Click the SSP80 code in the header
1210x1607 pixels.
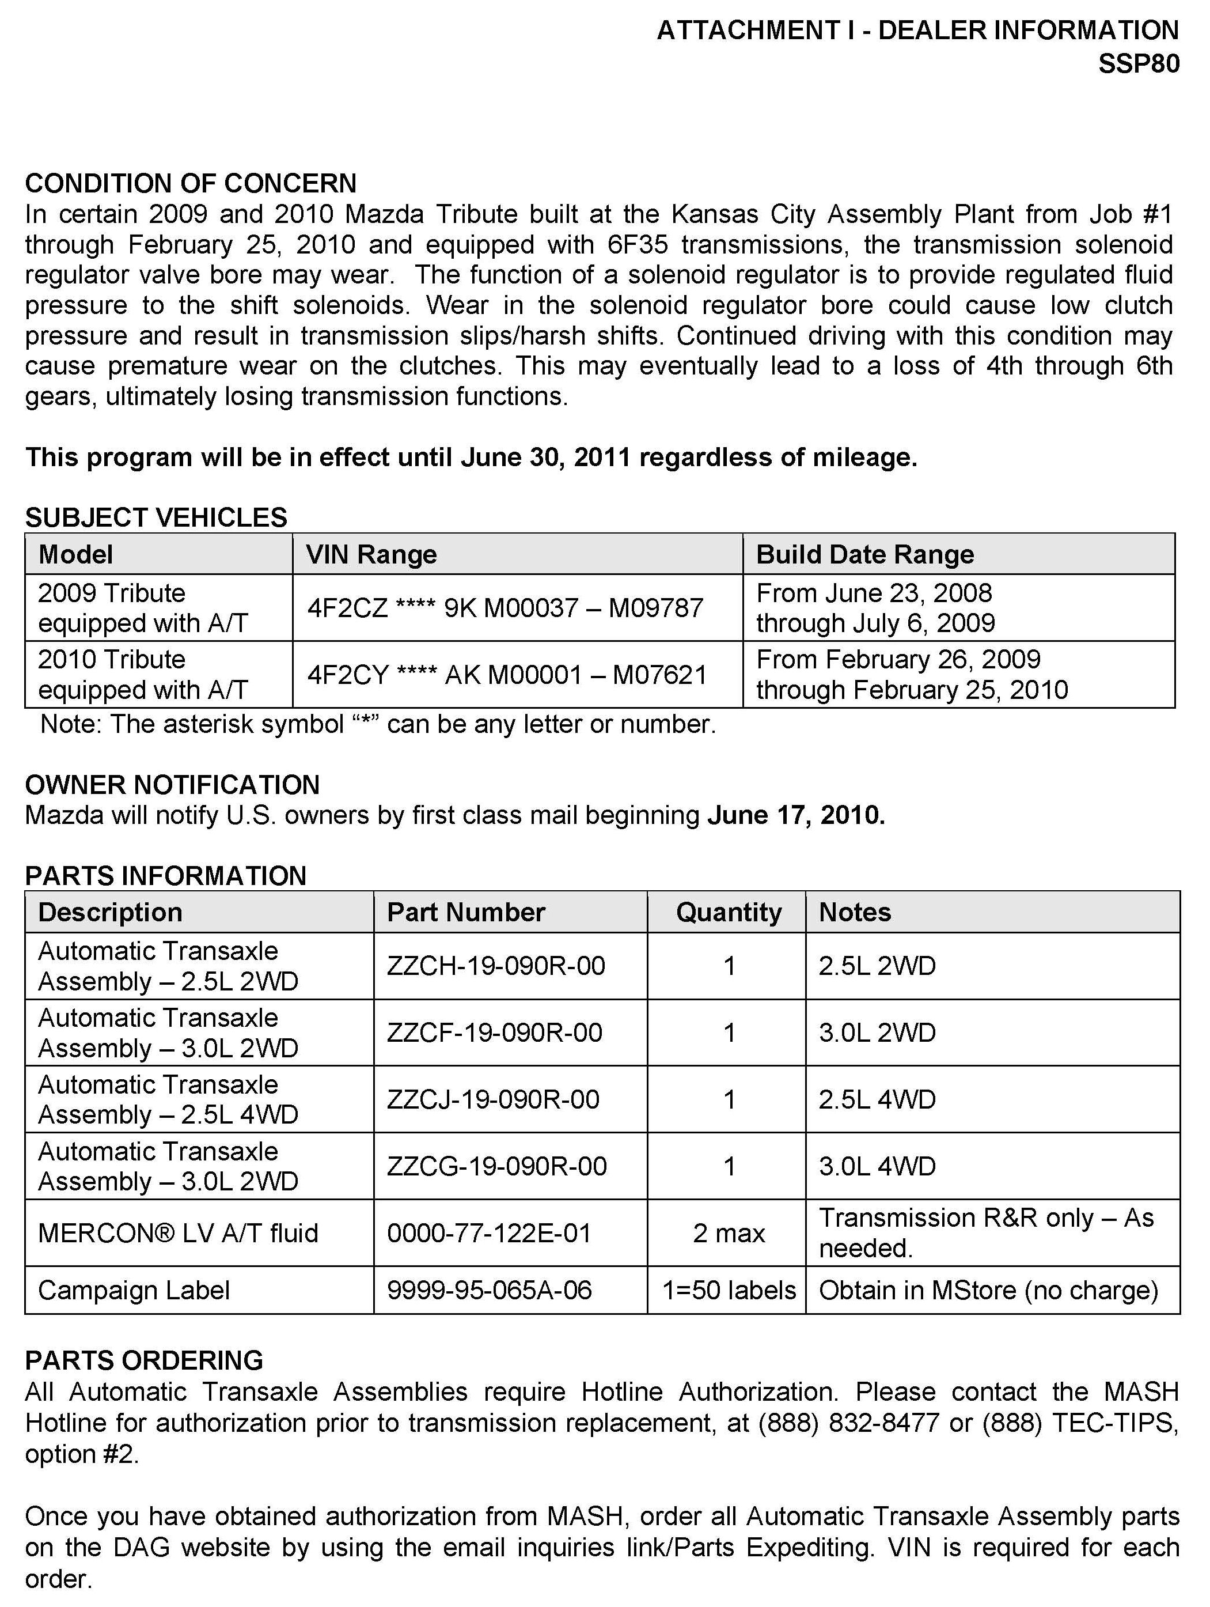click(x=1138, y=64)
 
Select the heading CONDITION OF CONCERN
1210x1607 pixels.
click(x=190, y=183)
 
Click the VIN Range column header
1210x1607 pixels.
click(x=371, y=554)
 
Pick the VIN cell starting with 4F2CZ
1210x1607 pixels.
click(x=505, y=607)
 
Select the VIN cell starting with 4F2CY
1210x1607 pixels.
click(x=507, y=675)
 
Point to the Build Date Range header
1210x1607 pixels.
click(x=864, y=554)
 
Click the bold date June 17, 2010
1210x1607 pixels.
click(x=796, y=815)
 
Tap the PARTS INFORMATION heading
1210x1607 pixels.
click(x=166, y=875)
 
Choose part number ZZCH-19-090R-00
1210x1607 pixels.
click(x=496, y=966)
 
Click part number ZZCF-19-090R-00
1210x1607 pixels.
click(x=495, y=1033)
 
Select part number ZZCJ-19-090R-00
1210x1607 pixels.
click(x=493, y=1099)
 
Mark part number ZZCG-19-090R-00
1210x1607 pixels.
click(x=497, y=1166)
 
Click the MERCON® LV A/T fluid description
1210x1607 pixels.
click(x=178, y=1233)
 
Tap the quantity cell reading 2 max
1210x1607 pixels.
click(x=729, y=1233)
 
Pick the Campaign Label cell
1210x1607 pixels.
click(x=134, y=1290)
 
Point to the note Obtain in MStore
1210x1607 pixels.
click(x=988, y=1290)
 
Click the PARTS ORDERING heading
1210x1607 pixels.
click(x=144, y=1360)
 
